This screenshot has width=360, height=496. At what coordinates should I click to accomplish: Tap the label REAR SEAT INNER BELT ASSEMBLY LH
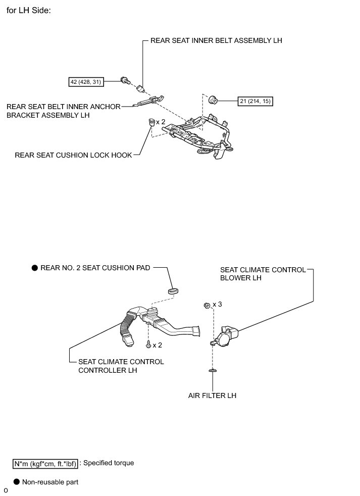click(216, 40)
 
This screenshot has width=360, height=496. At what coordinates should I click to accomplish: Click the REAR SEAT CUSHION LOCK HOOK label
click(73, 156)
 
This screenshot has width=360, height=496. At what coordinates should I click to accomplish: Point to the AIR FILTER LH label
click(212, 395)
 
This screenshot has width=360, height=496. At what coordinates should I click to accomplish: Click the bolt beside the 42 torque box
click(124, 79)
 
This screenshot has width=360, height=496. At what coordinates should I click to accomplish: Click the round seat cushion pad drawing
click(173, 290)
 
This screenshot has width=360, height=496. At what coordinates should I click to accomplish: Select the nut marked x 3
click(207, 305)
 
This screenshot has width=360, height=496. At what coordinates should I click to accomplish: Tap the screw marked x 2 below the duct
click(147, 344)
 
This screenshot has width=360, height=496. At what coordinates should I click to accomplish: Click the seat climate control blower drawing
click(225, 336)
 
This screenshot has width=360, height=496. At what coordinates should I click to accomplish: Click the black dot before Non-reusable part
click(17, 482)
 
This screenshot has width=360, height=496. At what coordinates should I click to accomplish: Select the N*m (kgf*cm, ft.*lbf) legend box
click(46, 463)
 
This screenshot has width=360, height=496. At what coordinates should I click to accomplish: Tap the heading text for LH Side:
click(29, 11)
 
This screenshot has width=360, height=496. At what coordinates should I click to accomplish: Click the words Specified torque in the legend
click(109, 463)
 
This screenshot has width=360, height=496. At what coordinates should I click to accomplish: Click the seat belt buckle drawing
click(140, 90)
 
